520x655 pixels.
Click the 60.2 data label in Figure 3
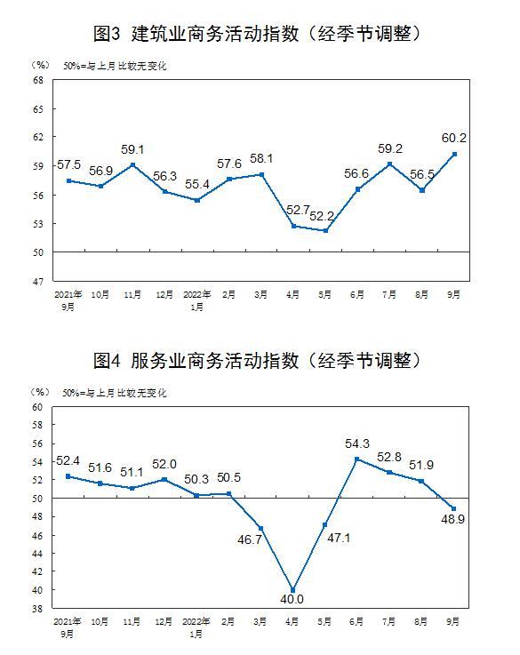click(453, 138)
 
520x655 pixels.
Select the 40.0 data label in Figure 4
click(292, 599)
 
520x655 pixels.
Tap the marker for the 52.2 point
click(326, 230)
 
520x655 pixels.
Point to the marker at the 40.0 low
click(292, 590)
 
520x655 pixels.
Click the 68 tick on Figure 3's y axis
click(38, 80)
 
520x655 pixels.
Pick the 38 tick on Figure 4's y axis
click(37, 609)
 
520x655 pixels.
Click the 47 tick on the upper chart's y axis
click(38, 282)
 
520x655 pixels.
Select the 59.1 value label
click(132, 149)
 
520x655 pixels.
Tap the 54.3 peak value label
click(357, 443)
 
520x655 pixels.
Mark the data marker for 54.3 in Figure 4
click(357, 459)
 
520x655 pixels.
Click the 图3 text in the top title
click(107, 34)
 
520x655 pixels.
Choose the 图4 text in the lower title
click(107, 361)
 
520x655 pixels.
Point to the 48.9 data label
click(452, 519)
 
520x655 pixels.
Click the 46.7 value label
click(250, 539)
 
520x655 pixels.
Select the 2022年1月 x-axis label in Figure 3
click(196, 300)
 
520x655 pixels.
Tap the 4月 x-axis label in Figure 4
click(292, 622)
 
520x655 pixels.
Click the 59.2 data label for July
click(390, 148)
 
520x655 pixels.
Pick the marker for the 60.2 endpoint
click(454, 154)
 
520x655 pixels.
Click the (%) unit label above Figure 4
click(40, 392)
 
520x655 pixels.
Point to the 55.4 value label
click(197, 184)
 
